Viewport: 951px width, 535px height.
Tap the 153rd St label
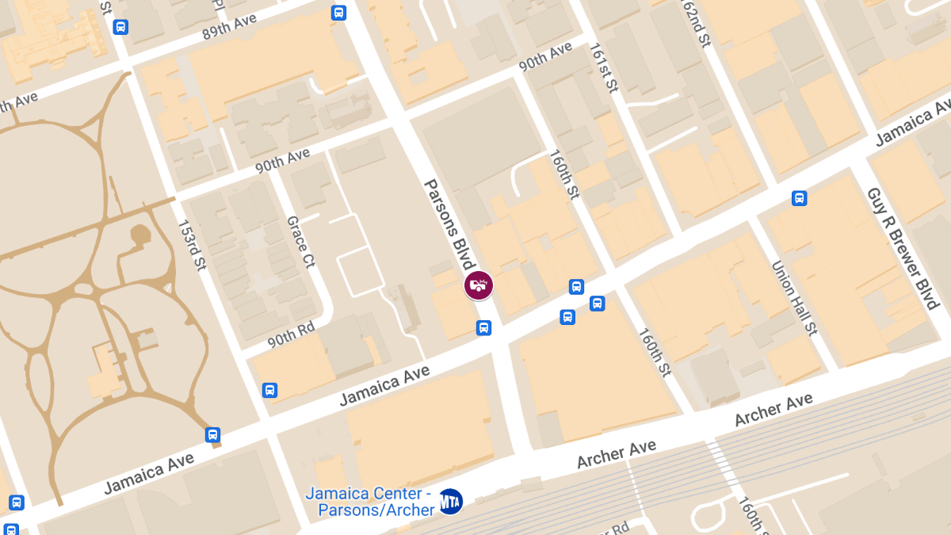click(x=191, y=245)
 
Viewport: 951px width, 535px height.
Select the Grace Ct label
click(x=300, y=242)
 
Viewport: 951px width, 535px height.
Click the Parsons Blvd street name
click(x=449, y=225)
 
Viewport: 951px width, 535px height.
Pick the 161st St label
click(x=603, y=67)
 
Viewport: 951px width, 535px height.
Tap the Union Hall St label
click(x=793, y=297)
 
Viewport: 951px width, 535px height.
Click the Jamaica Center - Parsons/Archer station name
click(x=369, y=501)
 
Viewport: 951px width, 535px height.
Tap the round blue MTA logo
click(x=450, y=501)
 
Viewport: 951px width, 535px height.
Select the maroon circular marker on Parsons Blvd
click(x=479, y=285)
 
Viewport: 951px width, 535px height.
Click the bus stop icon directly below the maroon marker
click(x=483, y=327)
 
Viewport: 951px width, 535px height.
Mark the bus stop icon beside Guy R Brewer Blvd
click(x=799, y=198)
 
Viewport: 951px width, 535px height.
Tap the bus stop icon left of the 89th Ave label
click(x=120, y=27)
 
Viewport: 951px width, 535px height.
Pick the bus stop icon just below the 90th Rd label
click(x=269, y=390)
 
